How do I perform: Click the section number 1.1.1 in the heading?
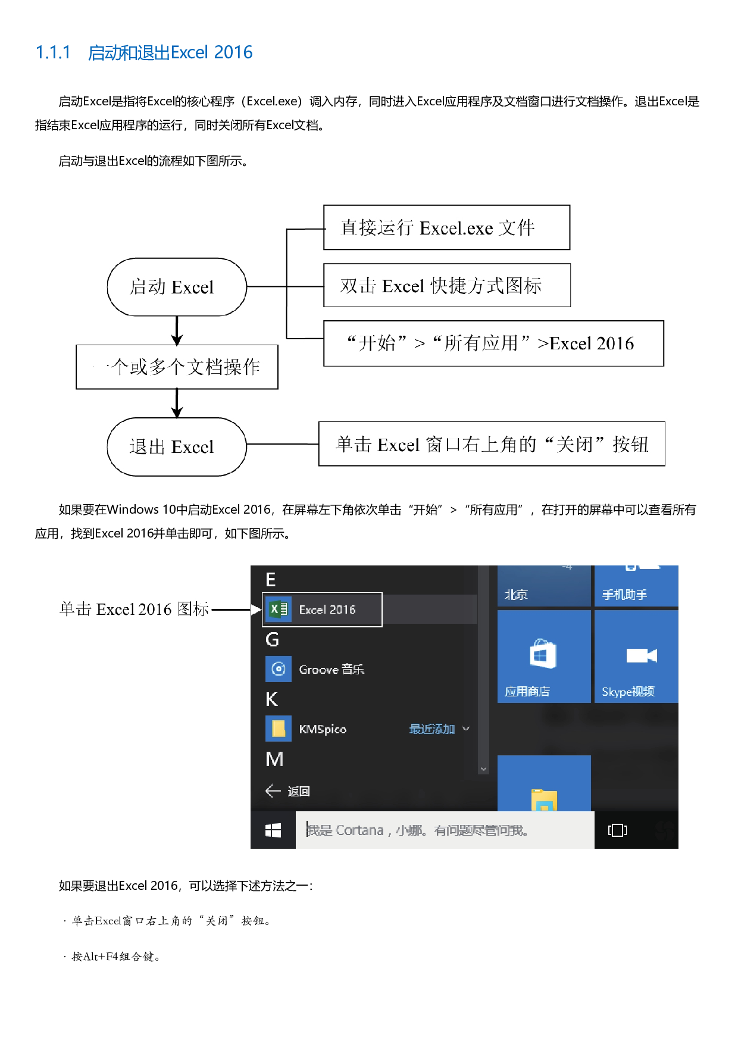click(53, 53)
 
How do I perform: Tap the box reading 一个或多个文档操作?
click(177, 367)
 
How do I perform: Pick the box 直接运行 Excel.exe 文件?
click(446, 227)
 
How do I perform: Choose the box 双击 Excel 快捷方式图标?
click(446, 286)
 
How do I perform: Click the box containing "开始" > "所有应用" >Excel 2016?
click(493, 343)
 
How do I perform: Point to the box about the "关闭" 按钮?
click(492, 444)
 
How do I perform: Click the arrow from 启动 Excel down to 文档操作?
click(177, 331)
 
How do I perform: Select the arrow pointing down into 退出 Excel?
click(177, 404)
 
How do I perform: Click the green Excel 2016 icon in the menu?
click(279, 609)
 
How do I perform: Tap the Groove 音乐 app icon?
click(279, 669)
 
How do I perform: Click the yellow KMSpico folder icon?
click(279, 729)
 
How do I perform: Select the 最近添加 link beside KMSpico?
click(432, 729)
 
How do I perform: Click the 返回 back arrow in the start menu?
click(273, 791)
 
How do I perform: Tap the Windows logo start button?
click(273, 830)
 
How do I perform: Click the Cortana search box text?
click(417, 830)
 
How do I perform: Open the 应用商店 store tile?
click(543, 657)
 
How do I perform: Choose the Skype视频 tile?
click(636, 657)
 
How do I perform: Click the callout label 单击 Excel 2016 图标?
click(135, 609)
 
